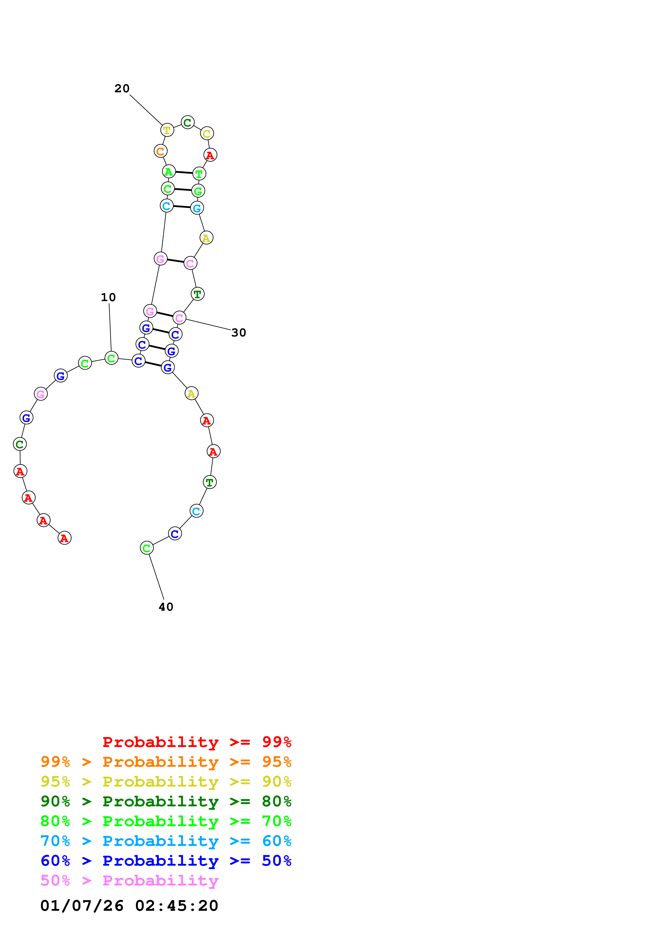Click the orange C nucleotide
(x=160, y=151)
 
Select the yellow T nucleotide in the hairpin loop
(x=167, y=130)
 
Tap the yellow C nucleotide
(x=207, y=133)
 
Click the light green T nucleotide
(x=199, y=174)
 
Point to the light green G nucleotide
(x=198, y=191)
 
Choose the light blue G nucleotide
(x=197, y=208)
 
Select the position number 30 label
(x=238, y=333)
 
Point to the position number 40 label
(x=166, y=607)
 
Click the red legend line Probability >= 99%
(x=197, y=742)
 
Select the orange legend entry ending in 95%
(x=166, y=762)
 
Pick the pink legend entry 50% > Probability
(x=129, y=881)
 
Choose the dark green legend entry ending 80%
(x=166, y=801)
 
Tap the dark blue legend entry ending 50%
(x=166, y=861)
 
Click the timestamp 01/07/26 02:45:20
(x=129, y=906)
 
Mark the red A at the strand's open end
(x=64, y=538)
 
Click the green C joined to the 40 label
(x=147, y=548)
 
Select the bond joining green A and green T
(x=184, y=172)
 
